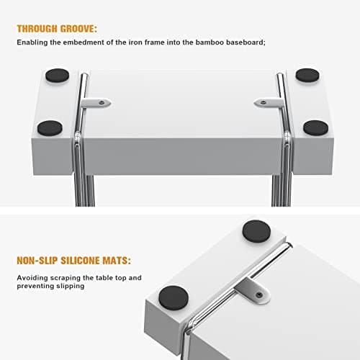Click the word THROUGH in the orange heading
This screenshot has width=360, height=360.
click(37, 29)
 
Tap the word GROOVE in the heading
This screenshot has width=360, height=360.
click(77, 29)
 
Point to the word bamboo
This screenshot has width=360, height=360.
click(210, 42)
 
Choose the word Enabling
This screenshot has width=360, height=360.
click(32, 42)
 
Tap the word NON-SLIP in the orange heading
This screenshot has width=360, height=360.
click(37, 261)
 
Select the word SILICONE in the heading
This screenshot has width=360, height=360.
click(80, 261)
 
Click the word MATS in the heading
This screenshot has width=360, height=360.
click(115, 261)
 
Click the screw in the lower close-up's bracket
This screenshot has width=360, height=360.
click(259, 295)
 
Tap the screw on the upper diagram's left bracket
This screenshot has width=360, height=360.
click(102, 102)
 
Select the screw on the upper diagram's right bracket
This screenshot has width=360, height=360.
click(264, 102)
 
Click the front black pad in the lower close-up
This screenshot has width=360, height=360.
click(174, 298)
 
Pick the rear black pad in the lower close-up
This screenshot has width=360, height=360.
click(256, 231)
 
